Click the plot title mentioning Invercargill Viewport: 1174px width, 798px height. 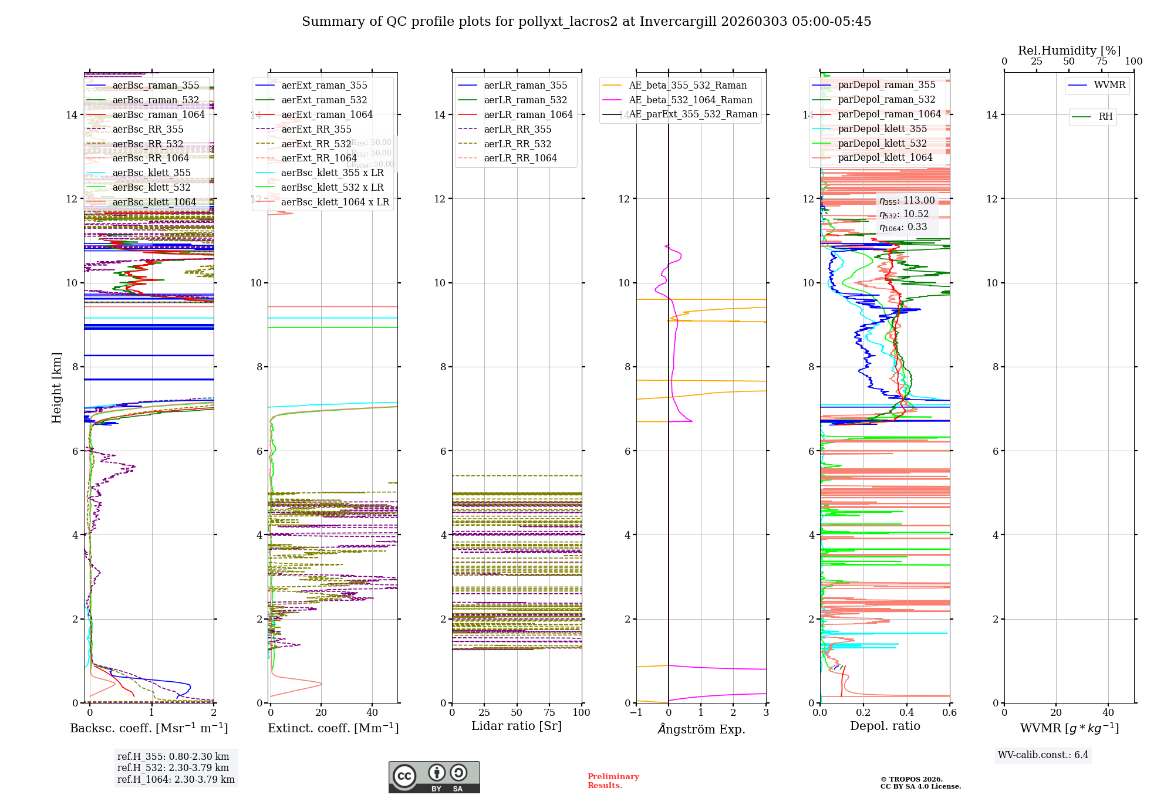[586, 22]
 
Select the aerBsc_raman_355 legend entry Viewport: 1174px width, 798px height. [156, 86]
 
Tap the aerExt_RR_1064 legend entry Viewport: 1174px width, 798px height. [319, 158]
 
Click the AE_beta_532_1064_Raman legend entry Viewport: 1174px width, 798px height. [690, 100]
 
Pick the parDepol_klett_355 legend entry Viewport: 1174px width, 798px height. [882, 129]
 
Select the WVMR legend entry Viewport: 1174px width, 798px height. [1109, 85]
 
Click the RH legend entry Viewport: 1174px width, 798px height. [1105, 117]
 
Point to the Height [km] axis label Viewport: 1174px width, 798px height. [56, 387]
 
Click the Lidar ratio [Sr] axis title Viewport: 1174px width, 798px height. [517, 726]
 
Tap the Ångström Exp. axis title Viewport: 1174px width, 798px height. [701, 729]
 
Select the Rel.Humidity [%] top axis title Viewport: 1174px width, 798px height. [1069, 50]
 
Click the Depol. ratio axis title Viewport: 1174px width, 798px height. [885, 726]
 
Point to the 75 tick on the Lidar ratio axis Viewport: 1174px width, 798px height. [549, 712]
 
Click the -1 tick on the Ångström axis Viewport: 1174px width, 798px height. [636, 712]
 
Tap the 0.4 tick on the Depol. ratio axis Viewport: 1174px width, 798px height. [906, 712]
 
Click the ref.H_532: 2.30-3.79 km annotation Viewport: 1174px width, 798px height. [173, 767]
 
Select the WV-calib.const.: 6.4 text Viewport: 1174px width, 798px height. [1043, 755]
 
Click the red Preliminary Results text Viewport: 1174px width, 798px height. [613, 781]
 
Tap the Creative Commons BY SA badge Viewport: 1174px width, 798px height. [434, 777]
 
